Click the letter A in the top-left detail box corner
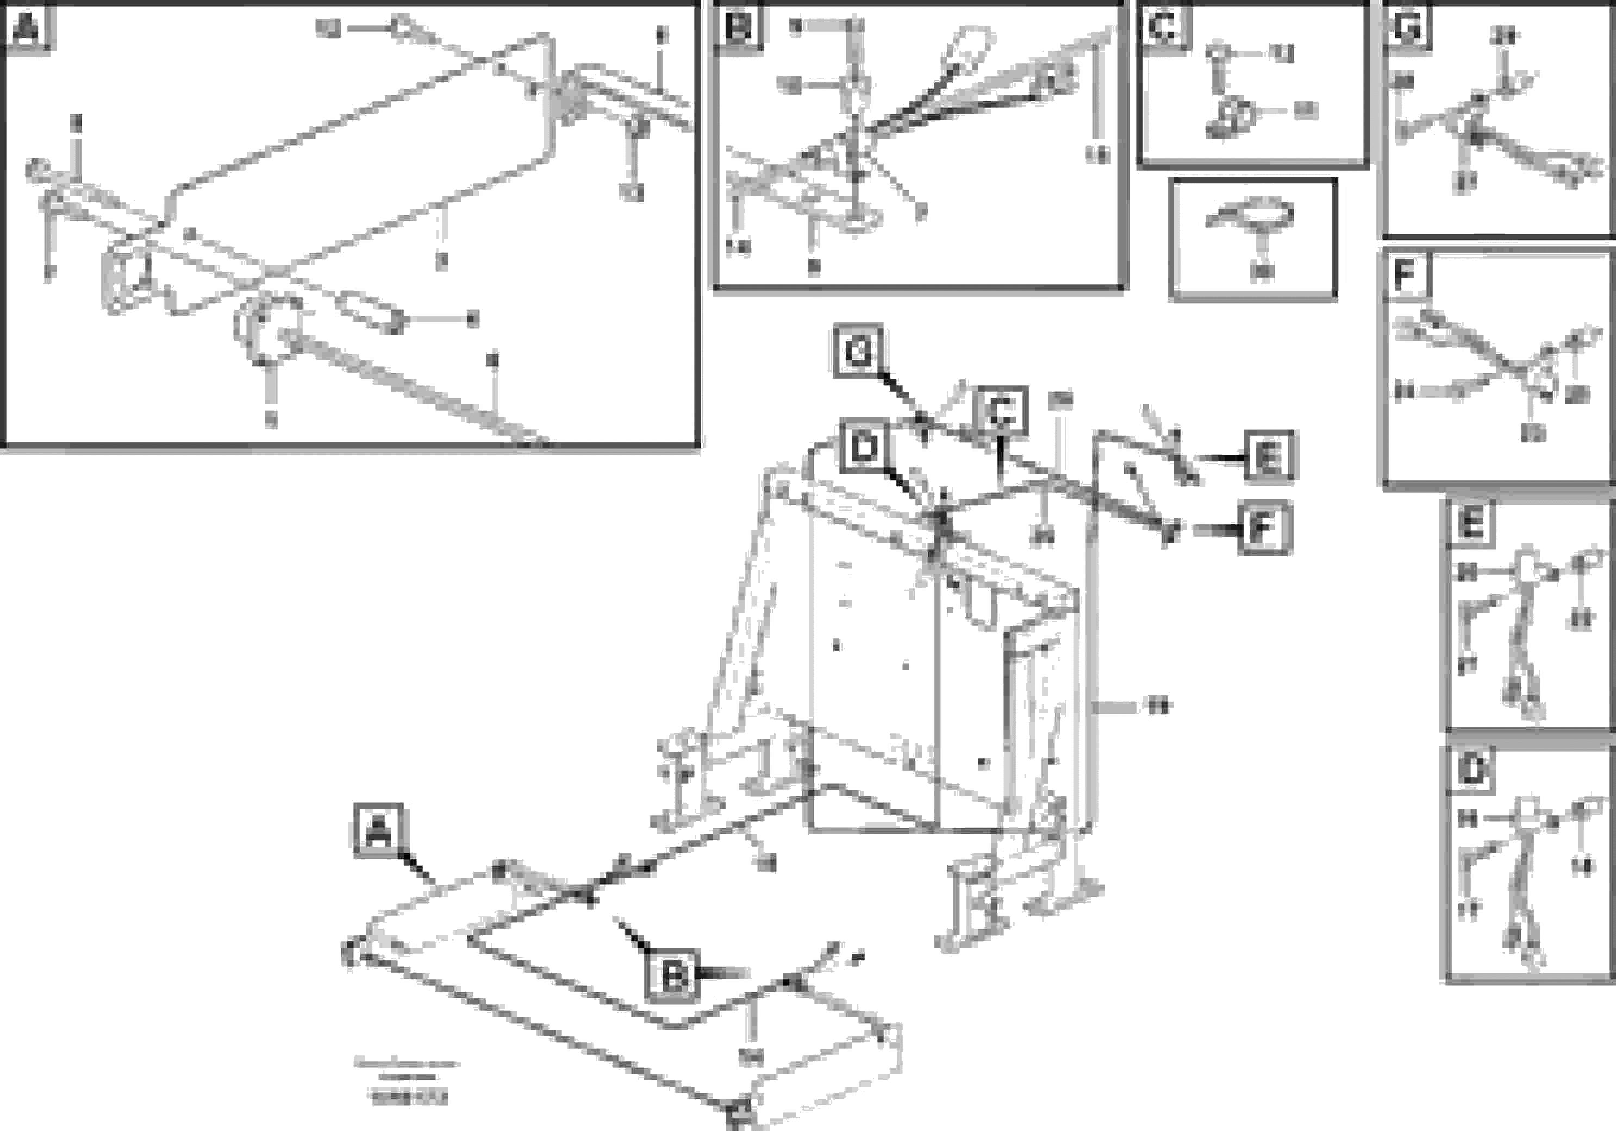click(x=27, y=29)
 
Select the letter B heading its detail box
click(x=738, y=29)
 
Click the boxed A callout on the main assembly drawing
click(x=379, y=830)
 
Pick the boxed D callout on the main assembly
click(x=864, y=448)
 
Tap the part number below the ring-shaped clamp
click(x=1261, y=272)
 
